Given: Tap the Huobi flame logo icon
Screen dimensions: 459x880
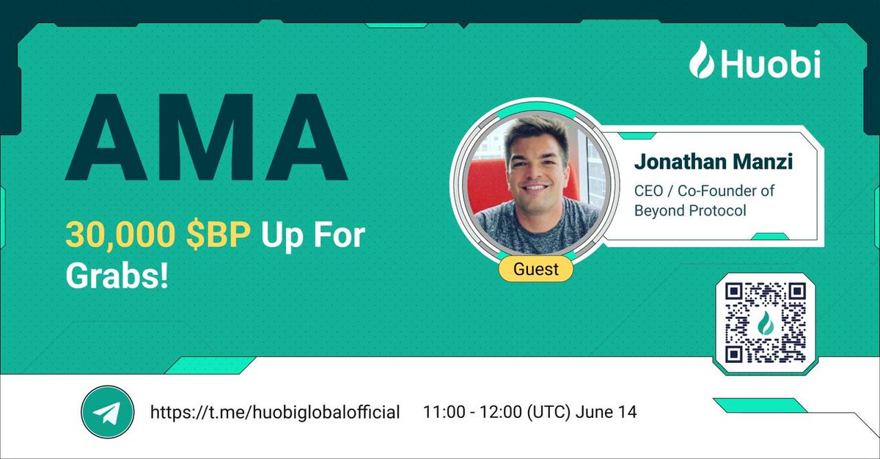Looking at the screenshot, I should click(701, 60).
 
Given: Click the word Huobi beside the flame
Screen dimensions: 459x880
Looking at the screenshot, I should click(769, 63).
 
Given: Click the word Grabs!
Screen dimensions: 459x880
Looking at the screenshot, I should click(117, 276).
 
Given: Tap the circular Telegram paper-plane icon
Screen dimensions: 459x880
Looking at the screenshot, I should click(107, 413).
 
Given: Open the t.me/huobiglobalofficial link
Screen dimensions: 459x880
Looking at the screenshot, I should click(275, 413).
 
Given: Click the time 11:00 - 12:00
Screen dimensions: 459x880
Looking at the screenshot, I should click(472, 412).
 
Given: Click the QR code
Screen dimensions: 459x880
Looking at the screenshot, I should click(765, 323).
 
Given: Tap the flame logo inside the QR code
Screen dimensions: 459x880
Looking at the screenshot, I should click(765, 323).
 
